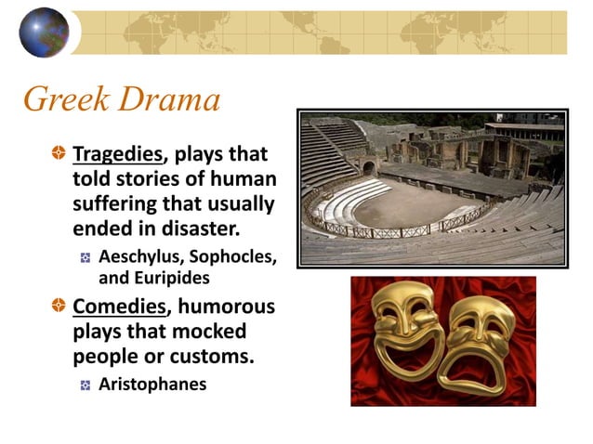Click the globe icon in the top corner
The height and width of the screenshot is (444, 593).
(44, 32)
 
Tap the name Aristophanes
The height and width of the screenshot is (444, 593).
(152, 384)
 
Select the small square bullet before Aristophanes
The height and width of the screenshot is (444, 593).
(86, 385)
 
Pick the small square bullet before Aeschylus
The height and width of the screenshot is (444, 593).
(86, 258)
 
